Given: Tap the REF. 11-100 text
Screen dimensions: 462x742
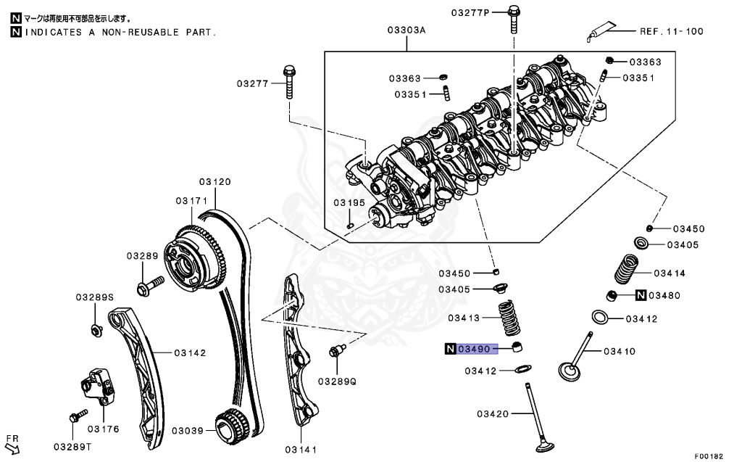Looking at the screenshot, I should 671,31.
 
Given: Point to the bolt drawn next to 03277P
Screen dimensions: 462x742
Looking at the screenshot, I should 513,18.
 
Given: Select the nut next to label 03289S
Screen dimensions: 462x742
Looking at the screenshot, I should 95,331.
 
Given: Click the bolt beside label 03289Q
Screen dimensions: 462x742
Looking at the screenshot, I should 336,352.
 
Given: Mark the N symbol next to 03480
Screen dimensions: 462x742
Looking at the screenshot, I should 641,295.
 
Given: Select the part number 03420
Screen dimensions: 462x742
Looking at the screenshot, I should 494,414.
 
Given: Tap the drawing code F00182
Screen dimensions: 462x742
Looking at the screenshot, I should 709,455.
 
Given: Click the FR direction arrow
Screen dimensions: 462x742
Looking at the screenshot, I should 12,445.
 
